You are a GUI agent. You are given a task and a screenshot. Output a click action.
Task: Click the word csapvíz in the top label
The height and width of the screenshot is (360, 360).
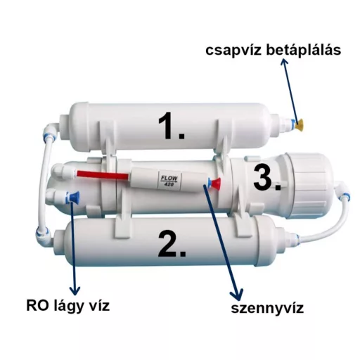tap(233, 51)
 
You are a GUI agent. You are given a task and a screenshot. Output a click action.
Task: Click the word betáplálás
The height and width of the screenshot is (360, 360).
tap(304, 50)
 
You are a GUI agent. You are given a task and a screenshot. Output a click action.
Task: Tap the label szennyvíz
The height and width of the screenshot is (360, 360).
tap(267, 309)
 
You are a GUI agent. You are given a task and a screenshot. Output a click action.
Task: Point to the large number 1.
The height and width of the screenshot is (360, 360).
tap(172, 126)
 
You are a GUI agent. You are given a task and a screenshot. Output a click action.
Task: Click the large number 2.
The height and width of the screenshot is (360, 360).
tap(172, 245)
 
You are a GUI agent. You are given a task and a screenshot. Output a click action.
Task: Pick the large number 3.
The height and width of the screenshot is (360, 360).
tap(266, 177)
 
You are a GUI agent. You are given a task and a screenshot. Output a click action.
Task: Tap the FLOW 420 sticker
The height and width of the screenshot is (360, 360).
tap(169, 180)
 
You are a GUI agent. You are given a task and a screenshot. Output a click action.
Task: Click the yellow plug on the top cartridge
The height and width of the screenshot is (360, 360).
tap(300, 124)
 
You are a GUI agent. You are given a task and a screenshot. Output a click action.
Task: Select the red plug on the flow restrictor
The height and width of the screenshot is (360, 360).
tap(216, 184)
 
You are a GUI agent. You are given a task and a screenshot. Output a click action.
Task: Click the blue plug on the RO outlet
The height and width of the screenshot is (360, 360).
tap(75, 198)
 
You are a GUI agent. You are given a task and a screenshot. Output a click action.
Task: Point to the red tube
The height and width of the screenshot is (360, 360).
tap(103, 175)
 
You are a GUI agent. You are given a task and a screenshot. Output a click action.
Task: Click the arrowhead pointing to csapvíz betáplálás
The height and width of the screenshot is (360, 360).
tap(284, 62)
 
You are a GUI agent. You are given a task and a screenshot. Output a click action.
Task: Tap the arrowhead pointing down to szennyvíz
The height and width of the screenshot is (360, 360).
tap(237, 295)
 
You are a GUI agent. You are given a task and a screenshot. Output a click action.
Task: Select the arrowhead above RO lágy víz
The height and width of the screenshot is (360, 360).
tap(75, 290)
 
